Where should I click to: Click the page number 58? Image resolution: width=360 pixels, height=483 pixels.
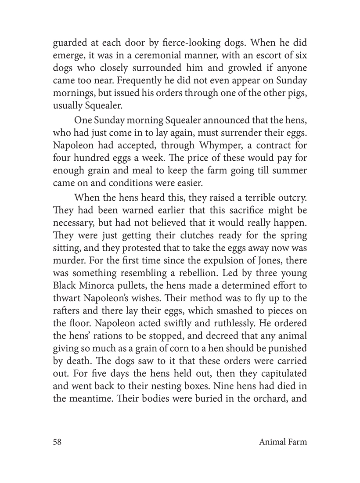(x=57, y=442)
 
